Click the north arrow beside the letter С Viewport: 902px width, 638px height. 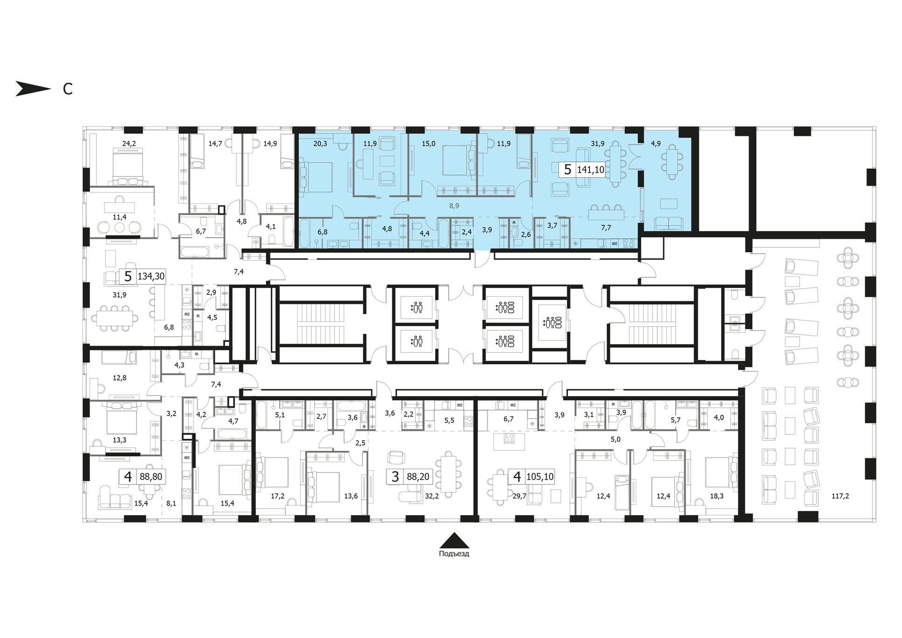coord(33,89)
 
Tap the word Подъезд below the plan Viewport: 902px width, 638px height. coord(454,554)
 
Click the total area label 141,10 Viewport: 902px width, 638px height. coord(590,170)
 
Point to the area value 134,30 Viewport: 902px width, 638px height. coord(151,277)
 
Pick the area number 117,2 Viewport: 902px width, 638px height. coord(840,496)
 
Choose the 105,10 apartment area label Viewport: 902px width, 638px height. coord(540,477)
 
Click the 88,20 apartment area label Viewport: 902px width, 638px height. coord(418,477)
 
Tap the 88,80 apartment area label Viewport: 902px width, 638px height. coord(151,477)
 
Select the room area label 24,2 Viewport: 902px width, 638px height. coord(129,144)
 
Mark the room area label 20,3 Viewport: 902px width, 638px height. coord(320,144)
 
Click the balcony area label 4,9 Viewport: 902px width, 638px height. coord(656,144)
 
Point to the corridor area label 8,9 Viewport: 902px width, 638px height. coord(454,206)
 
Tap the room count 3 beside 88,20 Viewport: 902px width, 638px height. coord(395,477)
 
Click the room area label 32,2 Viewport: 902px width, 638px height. coord(432,496)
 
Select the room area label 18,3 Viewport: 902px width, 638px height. coord(716,496)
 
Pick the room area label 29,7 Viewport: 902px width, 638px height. coord(519,496)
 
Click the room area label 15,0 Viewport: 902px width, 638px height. coord(428,144)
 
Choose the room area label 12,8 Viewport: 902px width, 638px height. coord(119,378)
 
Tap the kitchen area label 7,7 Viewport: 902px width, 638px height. coord(606,228)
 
